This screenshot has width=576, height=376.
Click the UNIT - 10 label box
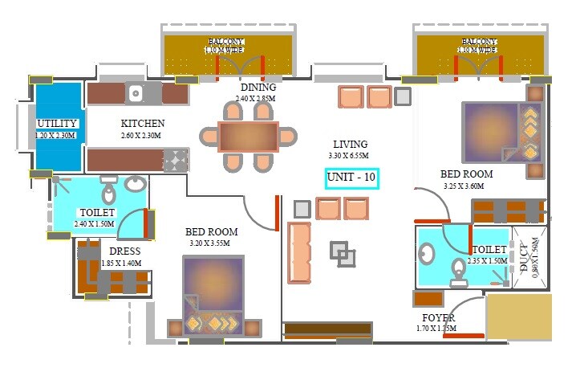click(351, 178)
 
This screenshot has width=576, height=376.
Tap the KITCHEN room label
click(143, 124)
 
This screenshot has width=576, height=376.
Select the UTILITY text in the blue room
click(57, 124)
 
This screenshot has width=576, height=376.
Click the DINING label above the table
click(258, 88)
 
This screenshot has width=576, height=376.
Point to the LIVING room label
click(347, 143)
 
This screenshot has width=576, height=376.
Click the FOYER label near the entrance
click(439, 318)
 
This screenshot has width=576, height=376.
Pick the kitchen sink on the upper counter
click(135, 93)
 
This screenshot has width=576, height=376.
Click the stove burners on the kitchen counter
click(175, 160)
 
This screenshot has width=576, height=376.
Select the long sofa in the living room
click(298, 253)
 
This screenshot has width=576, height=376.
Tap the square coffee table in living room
click(343, 254)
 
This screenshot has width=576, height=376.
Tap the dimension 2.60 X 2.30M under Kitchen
click(143, 136)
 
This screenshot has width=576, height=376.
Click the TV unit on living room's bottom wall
click(327, 329)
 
